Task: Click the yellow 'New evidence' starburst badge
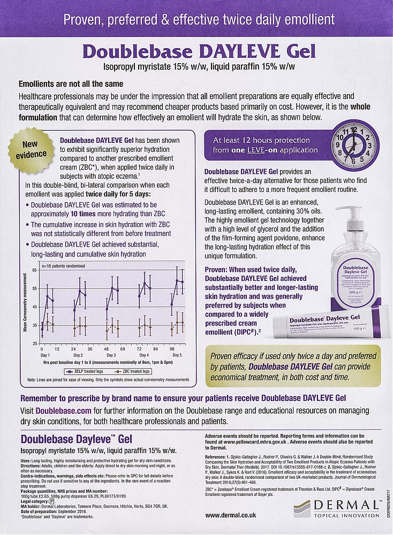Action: tap(34, 149)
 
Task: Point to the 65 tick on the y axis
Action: tap(35, 271)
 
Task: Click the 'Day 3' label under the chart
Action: tap(111, 355)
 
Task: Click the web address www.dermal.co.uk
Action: tap(231, 515)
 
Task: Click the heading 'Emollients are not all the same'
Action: tap(71, 84)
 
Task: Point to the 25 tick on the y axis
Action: tap(35, 343)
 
